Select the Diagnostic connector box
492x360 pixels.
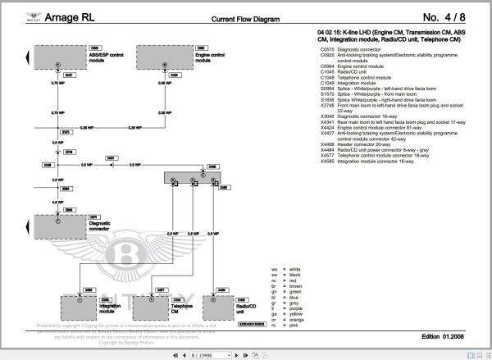(57, 225)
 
